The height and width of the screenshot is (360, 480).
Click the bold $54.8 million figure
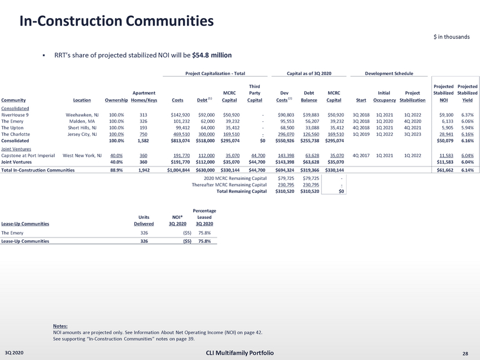point(212,55)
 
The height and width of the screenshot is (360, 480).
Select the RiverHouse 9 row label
point(15,115)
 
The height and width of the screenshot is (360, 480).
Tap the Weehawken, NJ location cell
point(83,115)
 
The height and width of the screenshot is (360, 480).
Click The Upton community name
point(12,128)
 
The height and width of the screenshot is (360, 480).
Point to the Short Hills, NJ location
point(84,128)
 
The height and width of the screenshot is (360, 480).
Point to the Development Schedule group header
point(389,73)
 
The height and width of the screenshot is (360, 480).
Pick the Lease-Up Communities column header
point(25,223)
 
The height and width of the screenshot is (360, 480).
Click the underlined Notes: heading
point(60,326)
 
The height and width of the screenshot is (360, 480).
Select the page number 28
point(465,353)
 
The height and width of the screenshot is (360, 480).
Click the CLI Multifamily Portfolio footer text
point(239,353)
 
